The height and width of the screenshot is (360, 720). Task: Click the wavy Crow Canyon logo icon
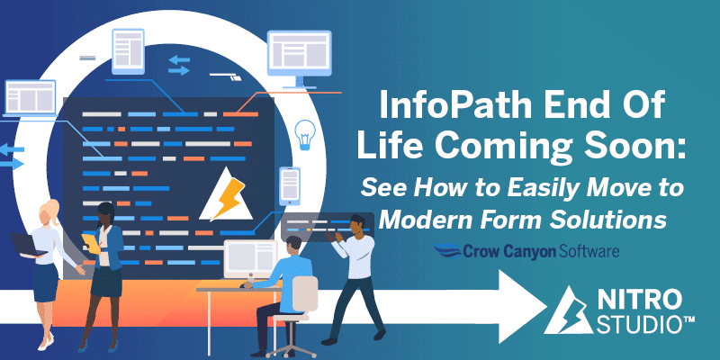[447, 251]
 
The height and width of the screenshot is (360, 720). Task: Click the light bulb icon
[304, 135]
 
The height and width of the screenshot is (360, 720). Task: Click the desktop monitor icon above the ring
[300, 58]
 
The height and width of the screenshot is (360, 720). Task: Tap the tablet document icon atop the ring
[128, 51]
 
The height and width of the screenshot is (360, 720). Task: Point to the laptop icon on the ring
[30, 99]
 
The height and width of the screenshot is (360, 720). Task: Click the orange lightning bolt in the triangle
[228, 197]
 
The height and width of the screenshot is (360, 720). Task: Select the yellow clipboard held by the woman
[92, 243]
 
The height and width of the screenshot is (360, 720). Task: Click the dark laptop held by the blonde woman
[29, 244]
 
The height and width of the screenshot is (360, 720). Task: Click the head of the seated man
[292, 247]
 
